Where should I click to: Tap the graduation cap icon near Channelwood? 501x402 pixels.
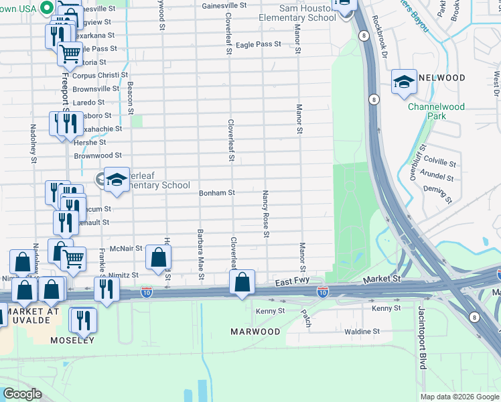coord(404,82)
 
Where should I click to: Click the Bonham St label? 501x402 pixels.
coord(216,193)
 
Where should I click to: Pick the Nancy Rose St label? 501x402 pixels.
coord(266,213)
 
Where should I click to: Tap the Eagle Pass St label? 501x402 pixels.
coord(259,44)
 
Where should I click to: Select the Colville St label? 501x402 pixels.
coord(440,163)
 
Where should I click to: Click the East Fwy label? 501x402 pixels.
coord(292,284)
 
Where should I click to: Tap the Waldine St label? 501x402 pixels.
coord(362,331)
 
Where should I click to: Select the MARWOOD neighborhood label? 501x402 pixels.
coord(255,332)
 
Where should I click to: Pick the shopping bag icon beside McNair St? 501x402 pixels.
coord(158,257)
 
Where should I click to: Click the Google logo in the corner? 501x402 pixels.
coord(21,394)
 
